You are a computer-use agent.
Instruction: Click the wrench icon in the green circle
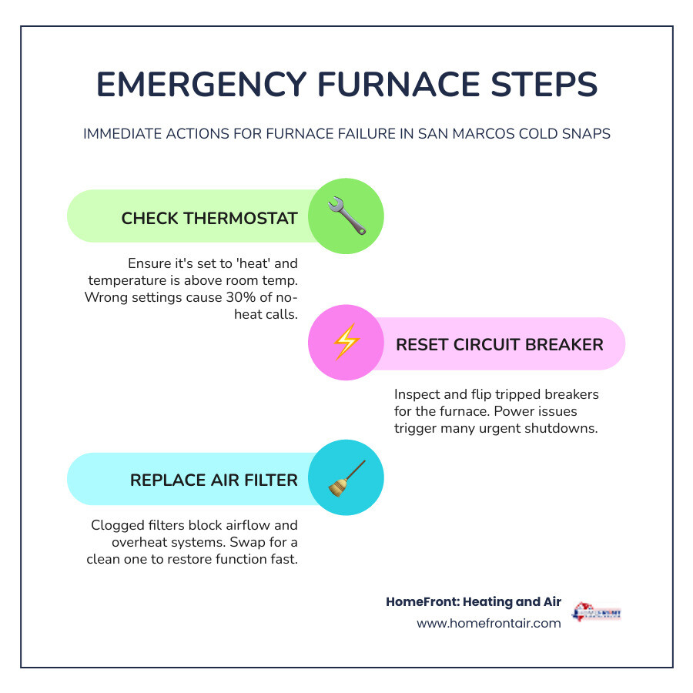346,216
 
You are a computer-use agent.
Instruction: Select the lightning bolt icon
346,343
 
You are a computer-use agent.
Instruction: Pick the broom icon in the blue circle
346,477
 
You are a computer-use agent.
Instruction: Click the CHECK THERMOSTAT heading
209,218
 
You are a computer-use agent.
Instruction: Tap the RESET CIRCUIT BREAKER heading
499,344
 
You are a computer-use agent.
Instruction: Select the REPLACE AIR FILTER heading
213,480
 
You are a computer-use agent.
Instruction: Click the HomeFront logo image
596,613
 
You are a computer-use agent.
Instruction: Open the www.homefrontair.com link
488,623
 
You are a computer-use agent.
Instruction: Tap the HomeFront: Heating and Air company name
474,602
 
